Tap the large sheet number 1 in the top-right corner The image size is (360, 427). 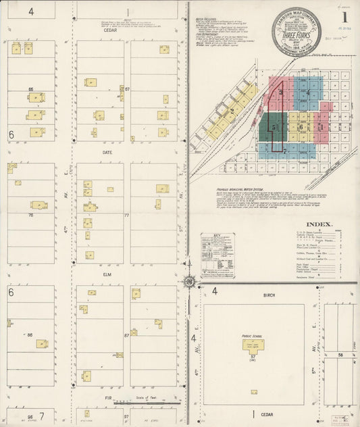pos(345,17)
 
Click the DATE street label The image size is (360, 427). pos(107,153)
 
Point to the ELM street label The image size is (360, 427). pos(107,275)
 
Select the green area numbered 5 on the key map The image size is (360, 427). pos(273,126)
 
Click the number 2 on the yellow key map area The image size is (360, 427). pos(232,111)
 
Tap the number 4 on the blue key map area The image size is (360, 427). pos(309,93)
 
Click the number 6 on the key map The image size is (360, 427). pos(301,126)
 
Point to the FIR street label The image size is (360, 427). pos(107,399)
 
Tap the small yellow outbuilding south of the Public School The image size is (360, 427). pos(254,392)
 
